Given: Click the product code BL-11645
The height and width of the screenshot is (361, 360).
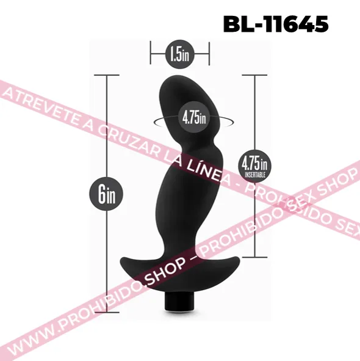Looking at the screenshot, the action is point(276,24).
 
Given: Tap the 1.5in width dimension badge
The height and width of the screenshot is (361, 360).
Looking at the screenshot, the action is point(180,54).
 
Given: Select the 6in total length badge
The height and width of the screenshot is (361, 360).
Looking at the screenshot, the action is point(106,194).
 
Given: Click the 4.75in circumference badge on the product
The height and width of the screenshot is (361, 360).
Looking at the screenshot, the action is point(194,117).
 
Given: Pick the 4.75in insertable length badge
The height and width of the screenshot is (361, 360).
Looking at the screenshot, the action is point(254,166).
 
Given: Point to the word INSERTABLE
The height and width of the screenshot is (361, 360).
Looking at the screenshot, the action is point(255,175).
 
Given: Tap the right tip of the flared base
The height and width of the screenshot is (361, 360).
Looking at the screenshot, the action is point(239,260).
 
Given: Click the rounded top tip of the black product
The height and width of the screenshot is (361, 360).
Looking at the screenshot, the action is point(176,76).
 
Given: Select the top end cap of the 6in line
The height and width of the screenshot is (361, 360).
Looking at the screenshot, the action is point(107,75).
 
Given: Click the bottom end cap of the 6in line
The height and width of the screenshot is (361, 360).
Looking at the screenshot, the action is point(107,312).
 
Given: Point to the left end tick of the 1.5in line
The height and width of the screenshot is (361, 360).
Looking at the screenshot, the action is point(151,53).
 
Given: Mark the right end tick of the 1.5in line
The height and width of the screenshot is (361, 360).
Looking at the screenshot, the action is point(209,53).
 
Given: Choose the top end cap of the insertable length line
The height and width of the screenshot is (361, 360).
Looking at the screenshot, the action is point(254,75).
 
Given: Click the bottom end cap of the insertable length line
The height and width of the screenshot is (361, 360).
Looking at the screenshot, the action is point(254,257).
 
